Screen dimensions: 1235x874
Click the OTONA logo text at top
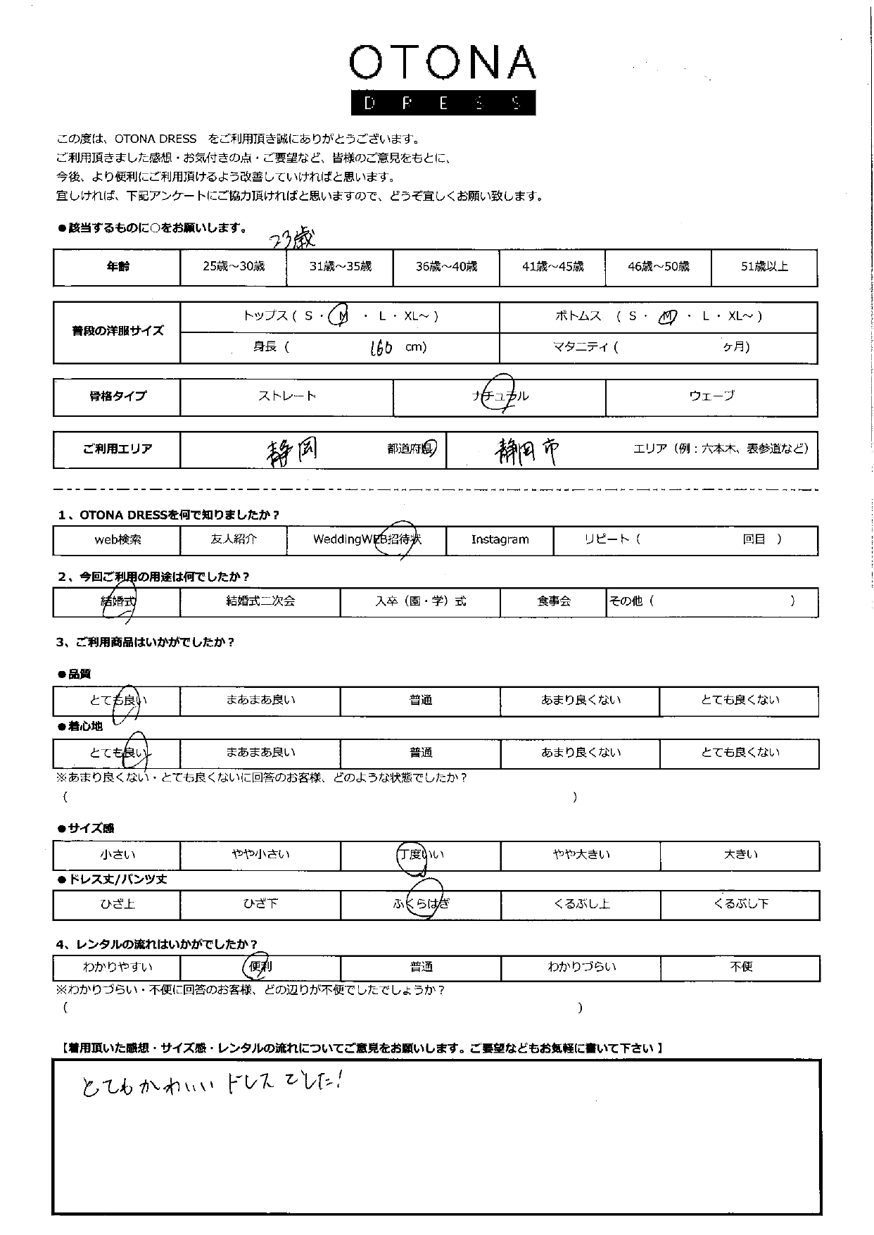click(442, 63)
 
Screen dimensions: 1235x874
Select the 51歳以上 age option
click(764, 267)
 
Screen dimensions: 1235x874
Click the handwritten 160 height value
click(381, 347)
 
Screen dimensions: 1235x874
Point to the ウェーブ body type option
click(711, 396)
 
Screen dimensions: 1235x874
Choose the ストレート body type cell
click(286, 396)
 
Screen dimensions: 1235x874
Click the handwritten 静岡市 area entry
click(527, 450)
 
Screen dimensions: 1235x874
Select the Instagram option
click(500, 540)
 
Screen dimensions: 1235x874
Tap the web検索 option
click(118, 540)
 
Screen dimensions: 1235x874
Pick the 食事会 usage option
click(554, 602)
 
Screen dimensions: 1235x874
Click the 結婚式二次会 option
click(260, 602)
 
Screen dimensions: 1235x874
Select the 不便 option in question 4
click(741, 967)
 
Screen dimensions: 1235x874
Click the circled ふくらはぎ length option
click(421, 904)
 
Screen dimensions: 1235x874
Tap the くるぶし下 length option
click(740, 904)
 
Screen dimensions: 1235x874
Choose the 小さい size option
click(118, 855)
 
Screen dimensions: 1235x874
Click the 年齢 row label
click(118, 267)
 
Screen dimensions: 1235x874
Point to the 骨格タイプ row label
click(118, 396)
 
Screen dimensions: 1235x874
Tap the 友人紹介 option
click(234, 540)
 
